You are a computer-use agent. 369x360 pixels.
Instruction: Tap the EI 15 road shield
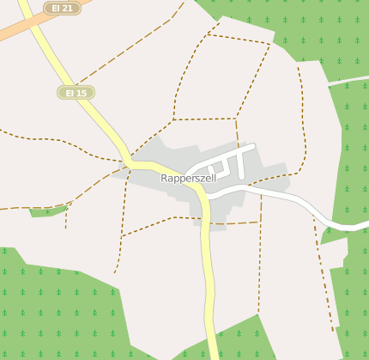pos(76,92)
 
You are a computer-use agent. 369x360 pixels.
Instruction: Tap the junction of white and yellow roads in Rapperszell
pos(207,196)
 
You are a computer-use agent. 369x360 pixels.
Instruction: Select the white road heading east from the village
pos(283,199)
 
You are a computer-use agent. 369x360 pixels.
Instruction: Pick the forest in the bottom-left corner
pos(51,309)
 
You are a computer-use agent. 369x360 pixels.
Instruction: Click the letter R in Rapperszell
pos(164,178)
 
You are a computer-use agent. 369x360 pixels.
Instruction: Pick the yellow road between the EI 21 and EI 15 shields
pos(51,56)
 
